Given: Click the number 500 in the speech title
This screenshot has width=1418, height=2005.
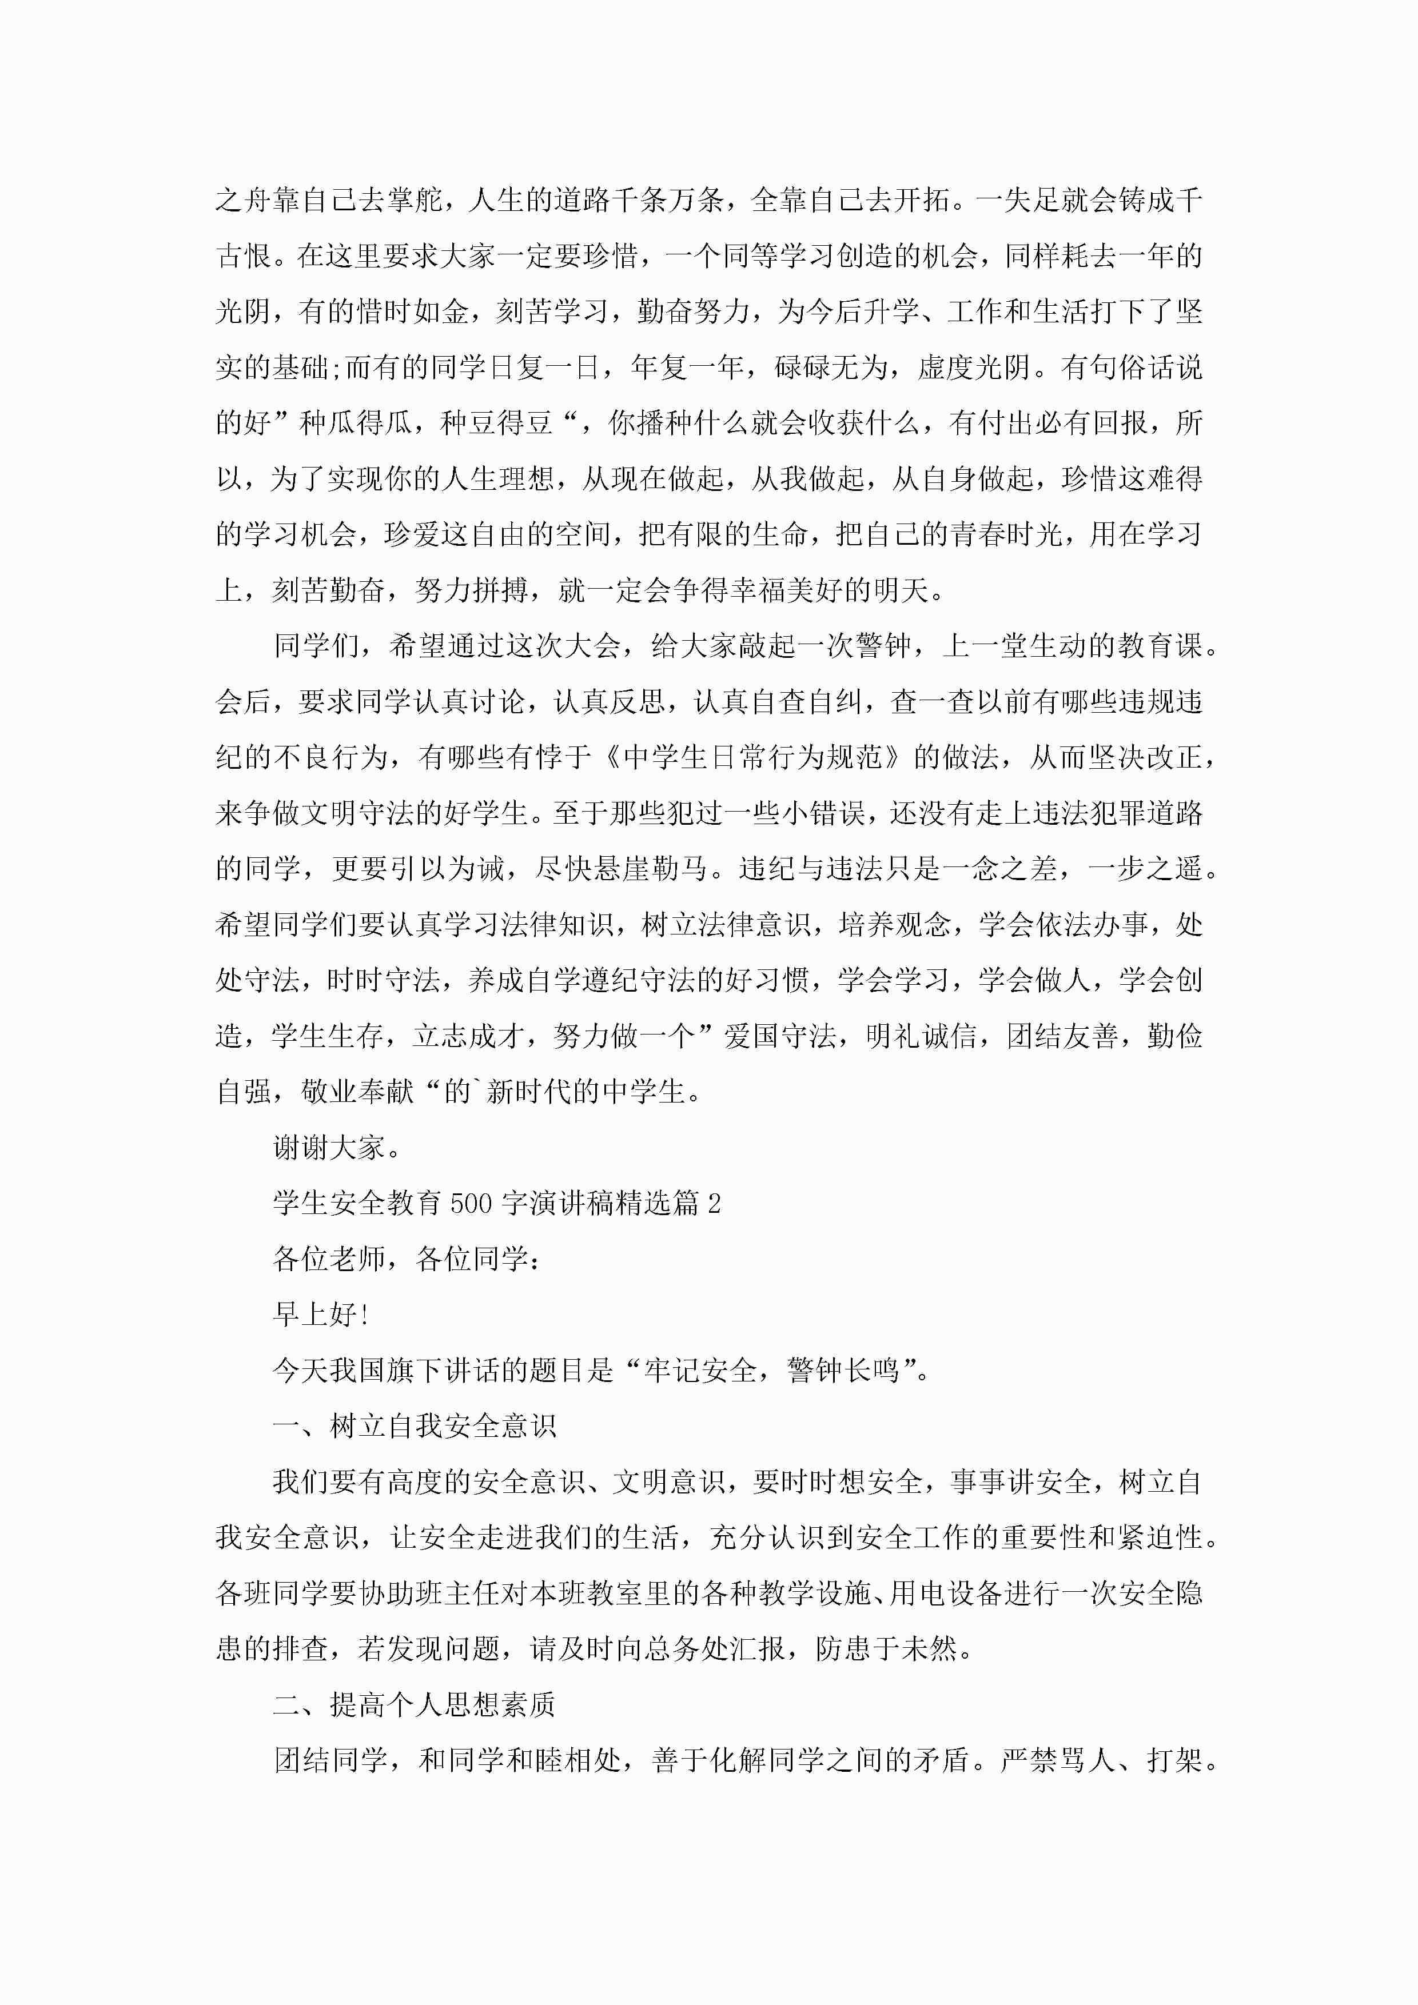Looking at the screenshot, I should tap(472, 1203).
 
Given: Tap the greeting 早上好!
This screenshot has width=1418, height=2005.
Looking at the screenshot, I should tap(321, 1314).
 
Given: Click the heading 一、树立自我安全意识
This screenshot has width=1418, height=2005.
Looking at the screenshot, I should tap(414, 1426).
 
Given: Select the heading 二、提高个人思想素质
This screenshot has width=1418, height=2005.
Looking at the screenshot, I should tap(414, 1704).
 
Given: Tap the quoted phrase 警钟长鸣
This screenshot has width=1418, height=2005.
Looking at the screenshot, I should tap(843, 1370).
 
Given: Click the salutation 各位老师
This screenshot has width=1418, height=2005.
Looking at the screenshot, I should tap(329, 1259).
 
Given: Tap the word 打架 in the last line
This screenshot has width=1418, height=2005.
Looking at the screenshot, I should tap(1175, 1760).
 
